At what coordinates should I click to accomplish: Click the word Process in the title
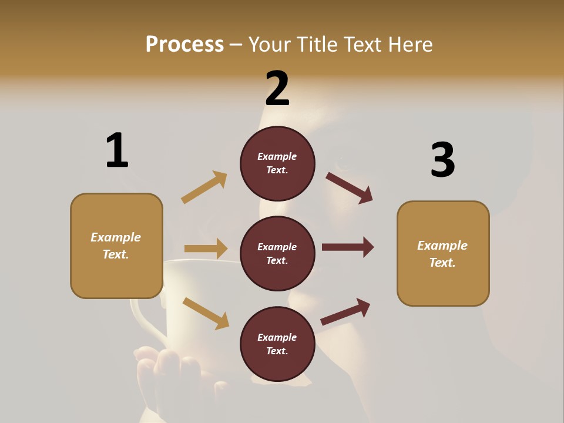(x=184, y=45)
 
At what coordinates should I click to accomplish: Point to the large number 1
(x=117, y=150)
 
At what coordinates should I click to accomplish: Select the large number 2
(x=277, y=89)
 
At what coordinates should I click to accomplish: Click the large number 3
(x=442, y=160)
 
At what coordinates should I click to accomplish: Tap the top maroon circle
(x=277, y=163)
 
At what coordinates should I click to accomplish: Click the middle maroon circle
(x=277, y=253)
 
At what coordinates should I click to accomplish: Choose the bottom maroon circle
(x=277, y=344)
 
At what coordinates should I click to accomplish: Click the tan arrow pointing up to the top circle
(x=204, y=187)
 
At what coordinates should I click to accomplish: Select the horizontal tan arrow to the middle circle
(x=206, y=249)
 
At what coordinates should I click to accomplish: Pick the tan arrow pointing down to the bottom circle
(x=206, y=313)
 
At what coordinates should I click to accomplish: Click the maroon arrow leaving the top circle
(x=350, y=187)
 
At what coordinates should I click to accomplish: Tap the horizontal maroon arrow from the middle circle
(x=348, y=247)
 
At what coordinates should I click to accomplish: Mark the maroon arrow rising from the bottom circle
(x=345, y=311)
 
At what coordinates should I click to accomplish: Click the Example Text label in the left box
(x=116, y=246)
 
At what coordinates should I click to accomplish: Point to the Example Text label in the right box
(x=442, y=254)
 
